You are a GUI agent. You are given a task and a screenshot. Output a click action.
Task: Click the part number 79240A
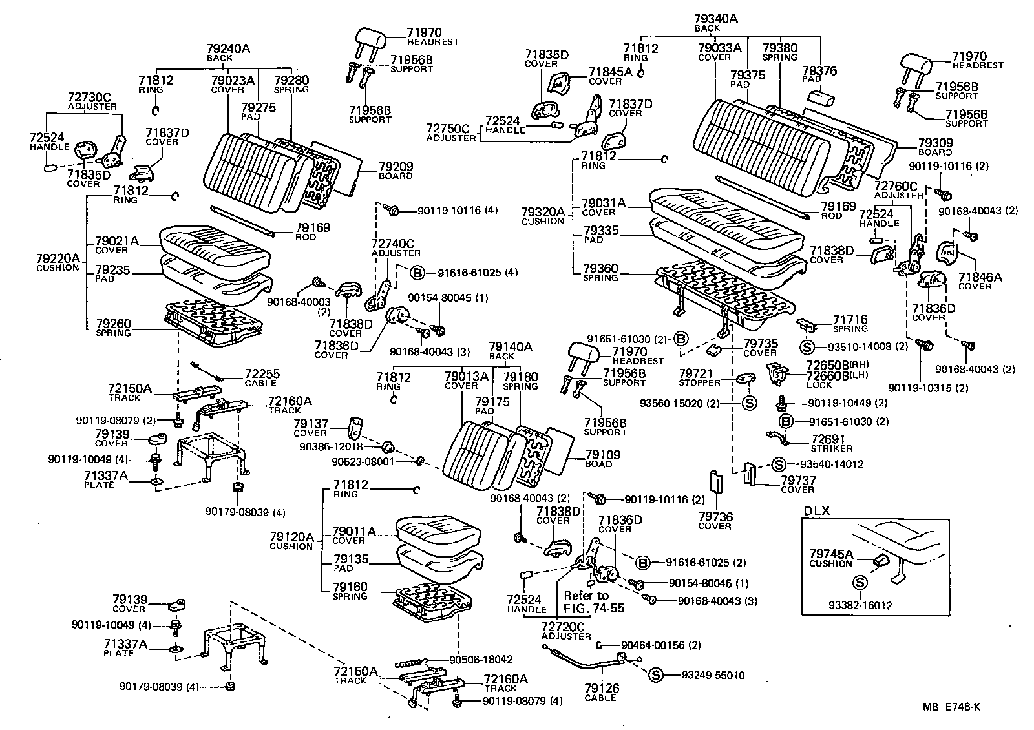pyautogui.click(x=228, y=48)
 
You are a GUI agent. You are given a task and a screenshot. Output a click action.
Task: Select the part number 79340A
pyautogui.click(x=716, y=19)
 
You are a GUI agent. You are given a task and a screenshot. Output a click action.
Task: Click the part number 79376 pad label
pyautogui.click(x=819, y=70)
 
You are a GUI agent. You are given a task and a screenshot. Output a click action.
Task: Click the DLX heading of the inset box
pyautogui.click(x=816, y=510)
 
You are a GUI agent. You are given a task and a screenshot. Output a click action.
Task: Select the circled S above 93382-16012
pyautogui.click(x=860, y=582)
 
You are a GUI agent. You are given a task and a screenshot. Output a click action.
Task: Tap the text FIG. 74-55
pyautogui.click(x=594, y=608)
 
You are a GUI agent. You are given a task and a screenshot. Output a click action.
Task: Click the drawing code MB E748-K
pyautogui.click(x=951, y=707)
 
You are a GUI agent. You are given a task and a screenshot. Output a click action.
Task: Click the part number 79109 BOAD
pyautogui.click(x=602, y=459)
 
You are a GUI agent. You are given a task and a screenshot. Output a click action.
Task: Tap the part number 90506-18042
pyautogui.click(x=481, y=660)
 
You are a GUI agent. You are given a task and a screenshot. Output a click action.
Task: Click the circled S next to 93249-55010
pyautogui.click(x=655, y=675)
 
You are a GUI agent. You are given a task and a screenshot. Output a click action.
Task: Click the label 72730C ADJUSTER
pyautogui.click(x=90, y=101)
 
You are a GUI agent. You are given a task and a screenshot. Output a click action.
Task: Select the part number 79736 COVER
pyautogui.click(x=715, y=521)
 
